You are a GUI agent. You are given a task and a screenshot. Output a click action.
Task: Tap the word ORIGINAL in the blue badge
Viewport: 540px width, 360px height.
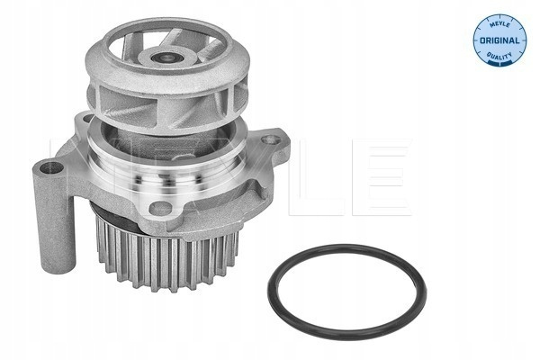tap(499, 40)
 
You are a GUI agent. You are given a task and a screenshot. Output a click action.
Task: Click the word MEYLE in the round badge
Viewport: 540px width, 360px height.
tap(499, 24)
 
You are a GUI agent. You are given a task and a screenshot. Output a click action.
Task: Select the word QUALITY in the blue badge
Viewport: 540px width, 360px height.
tap(499, 56)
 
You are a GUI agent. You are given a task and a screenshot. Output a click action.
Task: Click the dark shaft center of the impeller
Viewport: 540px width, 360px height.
tap(167, 58)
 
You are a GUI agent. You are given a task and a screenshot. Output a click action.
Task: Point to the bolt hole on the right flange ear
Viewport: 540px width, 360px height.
tap(270, 139)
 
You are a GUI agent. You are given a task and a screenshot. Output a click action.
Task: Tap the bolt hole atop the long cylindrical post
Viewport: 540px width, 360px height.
tap(51, 167)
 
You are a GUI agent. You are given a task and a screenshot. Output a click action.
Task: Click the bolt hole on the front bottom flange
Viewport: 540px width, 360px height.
tap(160, 208)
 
